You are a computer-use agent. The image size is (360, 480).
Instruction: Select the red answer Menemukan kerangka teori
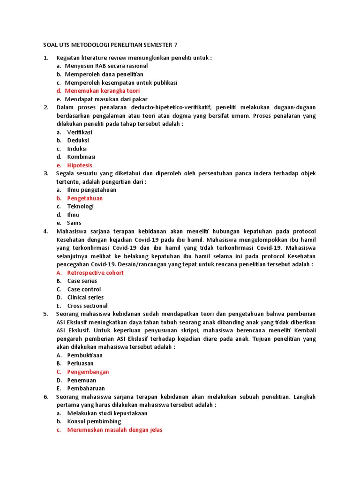tap(102, 91)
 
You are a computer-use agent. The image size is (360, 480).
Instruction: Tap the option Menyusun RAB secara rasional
tap(106, 66)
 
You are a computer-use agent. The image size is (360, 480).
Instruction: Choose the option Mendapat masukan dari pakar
tap(106, 99)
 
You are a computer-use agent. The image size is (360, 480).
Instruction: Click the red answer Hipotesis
tap(80, 165)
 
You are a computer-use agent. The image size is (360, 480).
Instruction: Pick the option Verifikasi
tap(80, 132)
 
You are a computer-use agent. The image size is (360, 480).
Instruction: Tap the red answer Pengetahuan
tap(85, 198)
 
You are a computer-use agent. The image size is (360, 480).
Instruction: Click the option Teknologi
tap(81, 207)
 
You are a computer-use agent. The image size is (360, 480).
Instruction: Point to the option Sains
tap(74, 223)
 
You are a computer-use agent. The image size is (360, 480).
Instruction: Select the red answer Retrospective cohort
tap(96, 273)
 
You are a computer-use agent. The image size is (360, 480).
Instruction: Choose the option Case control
tap(84, 289)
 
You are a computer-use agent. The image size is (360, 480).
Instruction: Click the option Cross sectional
tap(87, 306)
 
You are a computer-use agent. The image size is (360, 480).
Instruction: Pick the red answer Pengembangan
tap(88, 372)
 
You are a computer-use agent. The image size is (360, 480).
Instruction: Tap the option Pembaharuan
tap(86, 388)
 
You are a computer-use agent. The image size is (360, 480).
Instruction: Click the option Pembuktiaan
tap(85, 355)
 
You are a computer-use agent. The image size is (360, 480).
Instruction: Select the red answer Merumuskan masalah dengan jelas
tap(115, 430)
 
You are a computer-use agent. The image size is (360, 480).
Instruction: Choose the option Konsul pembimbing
tap(94, 421)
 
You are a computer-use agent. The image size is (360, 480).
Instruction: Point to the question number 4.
tap(46, 232)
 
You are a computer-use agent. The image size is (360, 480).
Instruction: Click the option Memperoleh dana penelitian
tap(104, 75)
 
